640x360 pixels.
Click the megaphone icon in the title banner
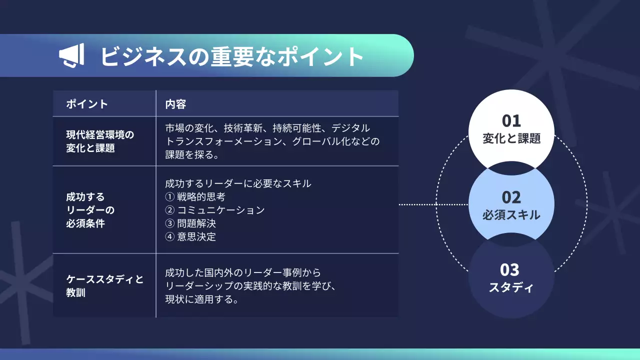pyautogui.click(x=72, y=55)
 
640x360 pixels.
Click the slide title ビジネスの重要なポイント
pyautogui.click(x=231, y=56)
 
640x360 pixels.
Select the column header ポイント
pyautogui.click(x=87, y=104)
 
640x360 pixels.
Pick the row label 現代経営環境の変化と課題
pyautogui.click(x=100, y=141)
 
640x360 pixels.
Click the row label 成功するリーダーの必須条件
pyautogui.click(x=85, y=210)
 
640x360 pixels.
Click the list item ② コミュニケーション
pyautogui.click(x=214, y=210)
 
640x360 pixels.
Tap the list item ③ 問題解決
pyautogui.click(x=190, y=223)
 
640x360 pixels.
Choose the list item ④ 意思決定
pyautogui.click(x=190, y=236)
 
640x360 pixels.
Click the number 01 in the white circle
pyautogui.click(x=511, y=120)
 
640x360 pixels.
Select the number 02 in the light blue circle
pyautogui.click(x=511, y=197)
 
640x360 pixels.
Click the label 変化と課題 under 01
pyautogui.click(x=511, y=138)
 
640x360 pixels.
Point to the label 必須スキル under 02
pyautogui.click(x=511, y=215)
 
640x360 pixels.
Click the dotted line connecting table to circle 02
pyautogui.click(x=433, y=204)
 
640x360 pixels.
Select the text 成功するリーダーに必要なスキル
pyautogui.click(x=238, y=183)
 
